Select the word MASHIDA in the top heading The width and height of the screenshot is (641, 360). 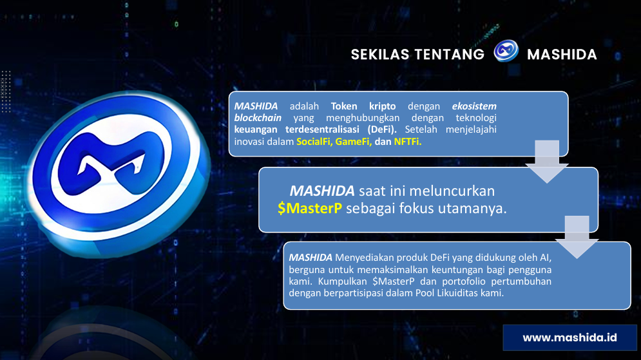562,55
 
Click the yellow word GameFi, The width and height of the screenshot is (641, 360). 353,142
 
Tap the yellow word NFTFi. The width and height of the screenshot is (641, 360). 407,142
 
